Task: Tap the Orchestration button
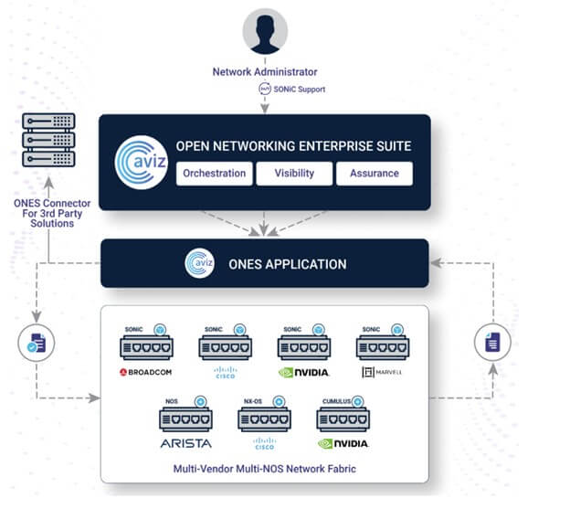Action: (214, 174)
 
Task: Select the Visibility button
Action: (294, 174)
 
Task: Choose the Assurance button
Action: (374, 174)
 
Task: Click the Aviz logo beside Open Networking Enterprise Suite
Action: (139, 162)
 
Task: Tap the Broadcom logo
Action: (146, 373)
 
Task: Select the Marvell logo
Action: (382, 373)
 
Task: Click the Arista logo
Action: (185, 443)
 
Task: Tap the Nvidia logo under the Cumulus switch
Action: (343, 443)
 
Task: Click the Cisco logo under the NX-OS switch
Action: (264, 444)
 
